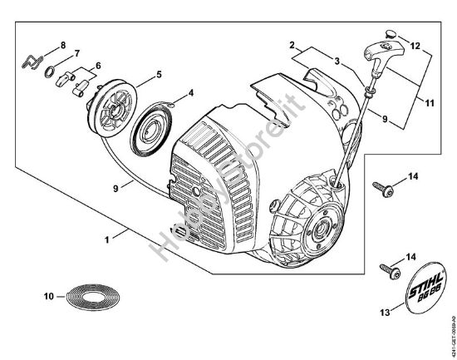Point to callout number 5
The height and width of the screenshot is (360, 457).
159,74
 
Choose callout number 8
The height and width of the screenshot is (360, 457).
62,43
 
